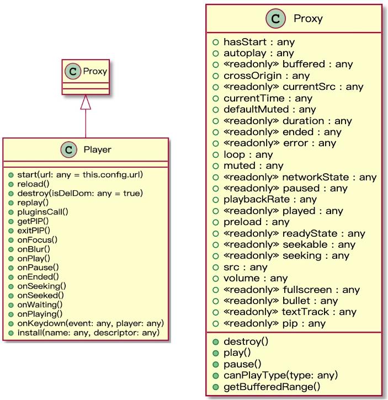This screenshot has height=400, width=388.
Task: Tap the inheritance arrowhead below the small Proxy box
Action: [86, 102]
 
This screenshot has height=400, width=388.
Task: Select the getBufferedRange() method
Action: [271, 386]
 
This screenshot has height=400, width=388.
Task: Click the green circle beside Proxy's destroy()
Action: [216, 342]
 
